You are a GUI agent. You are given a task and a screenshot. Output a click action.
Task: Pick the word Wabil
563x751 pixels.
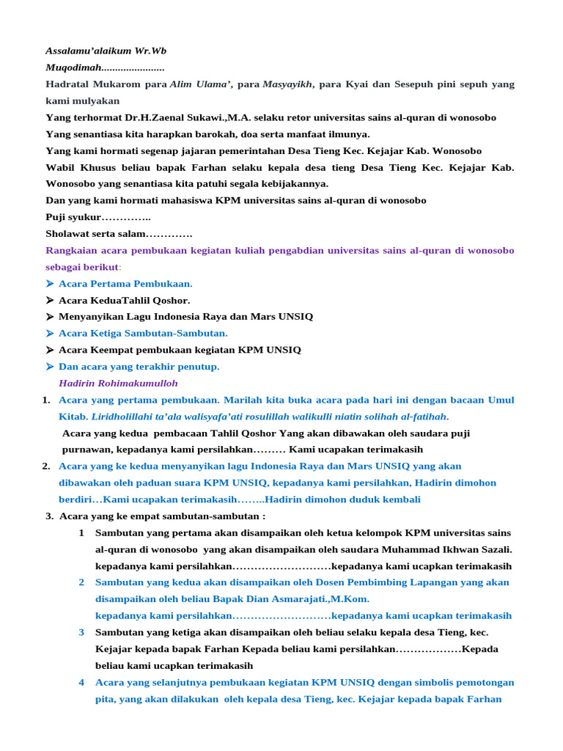click(59, 167)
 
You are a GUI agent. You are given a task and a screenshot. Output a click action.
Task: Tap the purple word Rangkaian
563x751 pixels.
click(71, 250)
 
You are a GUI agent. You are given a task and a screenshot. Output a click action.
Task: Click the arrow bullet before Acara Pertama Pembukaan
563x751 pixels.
click(49, 284)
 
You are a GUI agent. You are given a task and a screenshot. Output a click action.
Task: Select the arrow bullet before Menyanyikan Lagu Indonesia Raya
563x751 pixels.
click(49, 317)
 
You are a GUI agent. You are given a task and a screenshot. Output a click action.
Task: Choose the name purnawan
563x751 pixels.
click(87, 450)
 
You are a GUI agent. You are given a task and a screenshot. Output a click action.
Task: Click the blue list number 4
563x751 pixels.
click(81, 682)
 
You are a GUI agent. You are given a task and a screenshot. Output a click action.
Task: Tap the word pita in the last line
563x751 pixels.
click(105, 699)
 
